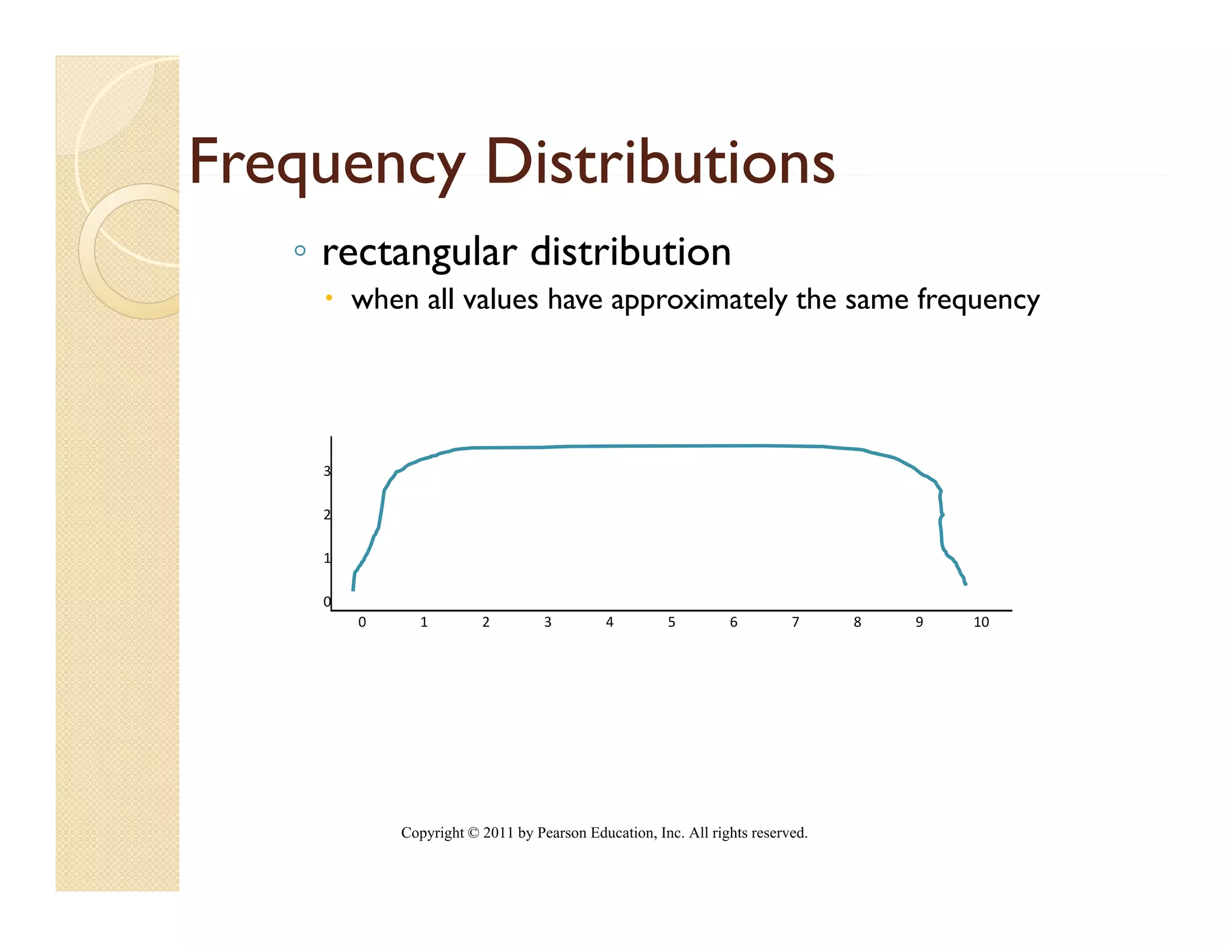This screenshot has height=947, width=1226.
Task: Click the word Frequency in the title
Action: coord(327,163)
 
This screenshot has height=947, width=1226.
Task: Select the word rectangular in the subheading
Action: coord(419,252)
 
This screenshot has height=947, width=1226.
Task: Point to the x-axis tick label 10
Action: coord(981,623)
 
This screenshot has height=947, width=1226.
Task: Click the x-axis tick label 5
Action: coord(672,623)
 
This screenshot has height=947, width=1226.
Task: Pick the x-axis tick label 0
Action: coord(362,623)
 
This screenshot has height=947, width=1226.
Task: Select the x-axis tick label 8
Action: coord(857,623)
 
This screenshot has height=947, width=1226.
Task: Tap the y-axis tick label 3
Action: coord(327,472)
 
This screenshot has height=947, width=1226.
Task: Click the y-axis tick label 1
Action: coord(327,559)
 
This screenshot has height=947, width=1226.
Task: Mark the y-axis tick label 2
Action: coord(327,515)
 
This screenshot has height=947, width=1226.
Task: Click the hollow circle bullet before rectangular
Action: coord(300,251)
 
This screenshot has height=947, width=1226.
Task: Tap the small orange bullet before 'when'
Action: coord(329,298)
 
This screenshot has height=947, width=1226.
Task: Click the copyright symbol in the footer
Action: coord(474,833)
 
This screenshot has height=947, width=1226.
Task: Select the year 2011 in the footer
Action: coord(499,833)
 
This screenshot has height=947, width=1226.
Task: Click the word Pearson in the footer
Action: coord(562,833)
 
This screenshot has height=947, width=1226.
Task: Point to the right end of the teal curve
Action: coord(966,584)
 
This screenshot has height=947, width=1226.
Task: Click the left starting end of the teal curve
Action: coord(353,590)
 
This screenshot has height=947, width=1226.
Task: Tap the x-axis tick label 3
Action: coord(548,623)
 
